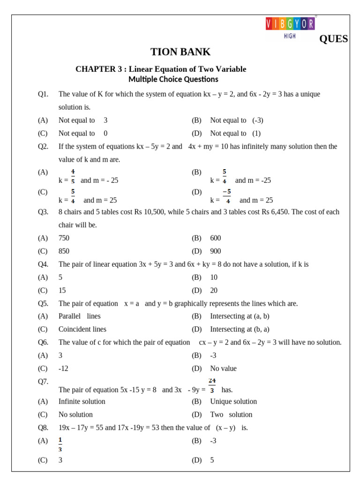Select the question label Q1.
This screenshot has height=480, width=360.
(x=43, y=94)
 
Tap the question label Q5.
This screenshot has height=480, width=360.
(x=43, y=303)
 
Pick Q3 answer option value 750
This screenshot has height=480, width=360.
(x=64, y=238)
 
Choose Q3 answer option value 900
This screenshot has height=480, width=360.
(x=216, y=251)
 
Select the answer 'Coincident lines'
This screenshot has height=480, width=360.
(x=82, y=329)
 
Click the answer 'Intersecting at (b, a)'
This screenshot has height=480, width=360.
(x=240, y=329)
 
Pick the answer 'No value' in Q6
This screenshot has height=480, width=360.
(x=224, y=368)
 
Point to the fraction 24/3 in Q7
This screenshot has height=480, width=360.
(x=212, y=385)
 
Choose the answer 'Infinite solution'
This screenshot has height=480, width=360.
(x=82, y=401)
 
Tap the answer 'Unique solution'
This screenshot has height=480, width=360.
(x=233, y=401)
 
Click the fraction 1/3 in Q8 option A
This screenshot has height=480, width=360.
(x=60, y=444)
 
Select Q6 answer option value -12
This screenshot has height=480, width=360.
(x=63, y=368)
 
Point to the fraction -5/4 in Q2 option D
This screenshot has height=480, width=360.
(x=227, y=196)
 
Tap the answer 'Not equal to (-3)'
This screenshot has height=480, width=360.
(x=236, y=120)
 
